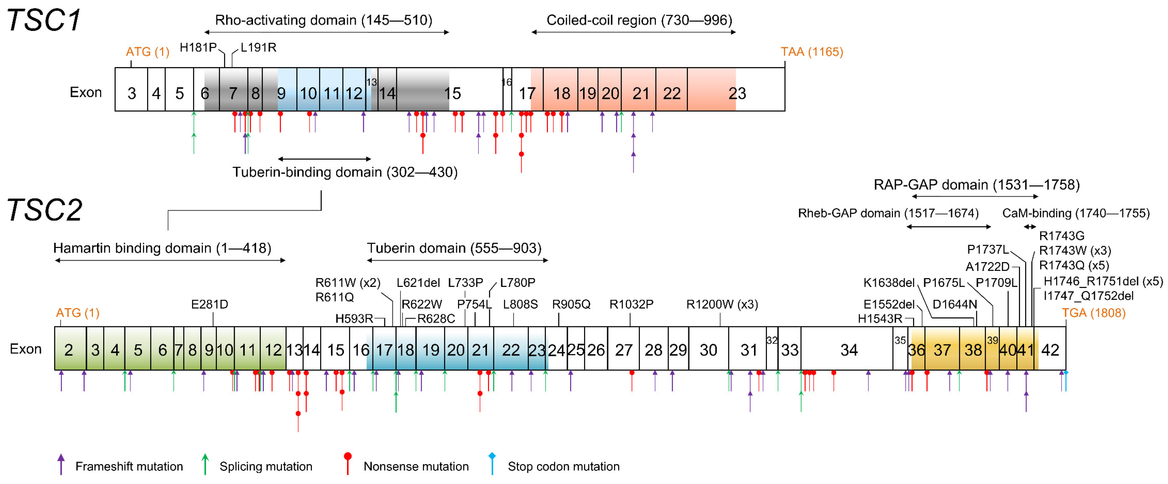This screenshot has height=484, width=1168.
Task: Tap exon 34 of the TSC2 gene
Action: click(848, 350)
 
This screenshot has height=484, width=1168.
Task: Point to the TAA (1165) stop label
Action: click(812, 52)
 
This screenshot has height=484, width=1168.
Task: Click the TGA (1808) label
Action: click(1093, 313)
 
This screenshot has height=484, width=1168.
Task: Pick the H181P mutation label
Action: click(198, 47)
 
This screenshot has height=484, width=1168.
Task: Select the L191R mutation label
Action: click(259, 47)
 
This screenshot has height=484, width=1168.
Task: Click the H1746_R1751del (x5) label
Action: click(1103, 281)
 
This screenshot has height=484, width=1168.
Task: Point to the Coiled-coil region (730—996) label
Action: click(639, 20)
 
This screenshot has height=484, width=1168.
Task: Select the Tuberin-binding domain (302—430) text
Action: click(345, 172)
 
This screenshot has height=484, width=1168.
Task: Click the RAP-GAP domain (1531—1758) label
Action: click(976, 185)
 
